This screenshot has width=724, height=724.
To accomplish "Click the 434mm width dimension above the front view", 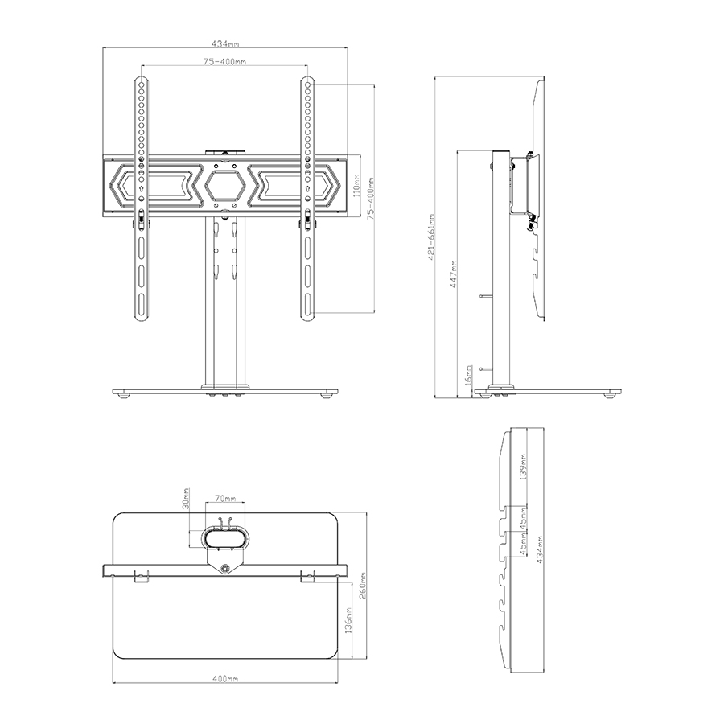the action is pyautogui.click(x=225, y=44).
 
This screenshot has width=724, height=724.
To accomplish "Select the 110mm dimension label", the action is pyautogui.click(x=356, y=185).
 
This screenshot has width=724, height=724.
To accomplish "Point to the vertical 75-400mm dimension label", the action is pyautogui.click(x=370, y=198).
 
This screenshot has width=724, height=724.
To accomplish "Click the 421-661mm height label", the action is pyautogui.click(x=432, y=237).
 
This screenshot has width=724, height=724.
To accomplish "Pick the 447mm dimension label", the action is pyautogui.click(x=454, y=274).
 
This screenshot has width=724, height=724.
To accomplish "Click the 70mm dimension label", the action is pyautogui.click(x=225, y=499).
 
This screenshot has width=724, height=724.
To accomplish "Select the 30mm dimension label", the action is pyautogui.click(x=186, y=499).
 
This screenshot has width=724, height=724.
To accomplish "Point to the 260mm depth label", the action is pyautogui.click(x=363, y=585).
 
